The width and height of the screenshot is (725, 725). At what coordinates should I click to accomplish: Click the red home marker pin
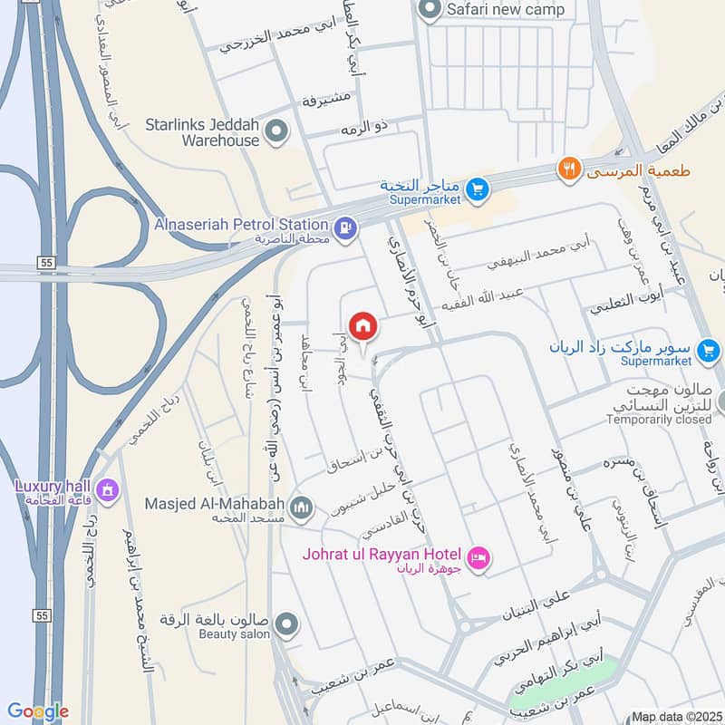(x=363, y=325)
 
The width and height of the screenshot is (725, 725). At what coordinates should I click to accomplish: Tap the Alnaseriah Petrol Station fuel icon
(x=344, y=230)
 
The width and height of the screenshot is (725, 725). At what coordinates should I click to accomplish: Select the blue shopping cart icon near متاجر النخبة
(x=478, y=190)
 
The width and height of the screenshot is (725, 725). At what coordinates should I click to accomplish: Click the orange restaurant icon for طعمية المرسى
(x=569, y=169)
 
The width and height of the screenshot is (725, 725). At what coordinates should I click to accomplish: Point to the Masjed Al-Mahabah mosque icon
(x=302, y=507)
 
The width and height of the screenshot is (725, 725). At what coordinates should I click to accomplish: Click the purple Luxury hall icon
(x=107, y=491)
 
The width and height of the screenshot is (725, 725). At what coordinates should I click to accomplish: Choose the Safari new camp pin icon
(x=429, y=10)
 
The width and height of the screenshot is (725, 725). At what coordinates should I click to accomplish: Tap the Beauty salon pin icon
(x=286, y=624)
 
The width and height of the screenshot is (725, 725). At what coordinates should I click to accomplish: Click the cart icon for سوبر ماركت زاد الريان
(x=710, y=349)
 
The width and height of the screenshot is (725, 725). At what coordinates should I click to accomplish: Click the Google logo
(x=37, y=711)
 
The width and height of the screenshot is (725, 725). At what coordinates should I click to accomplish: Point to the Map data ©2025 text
(x=675, y=716)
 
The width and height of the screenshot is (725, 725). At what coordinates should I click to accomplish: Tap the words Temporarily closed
(x=659, y=420)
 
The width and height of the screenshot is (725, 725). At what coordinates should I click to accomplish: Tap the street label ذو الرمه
(x=364, y=128)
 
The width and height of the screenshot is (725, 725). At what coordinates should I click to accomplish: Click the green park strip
(x=563, y=685)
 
